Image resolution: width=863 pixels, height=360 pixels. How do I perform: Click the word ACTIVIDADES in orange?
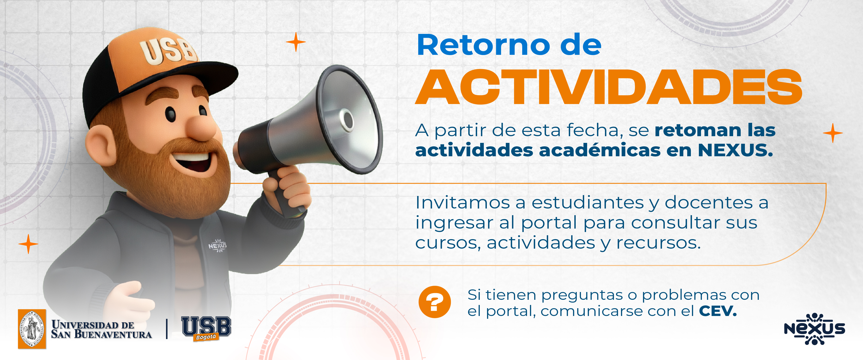tap(608, 88)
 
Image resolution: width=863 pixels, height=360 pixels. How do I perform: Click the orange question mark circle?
tap(434, 302)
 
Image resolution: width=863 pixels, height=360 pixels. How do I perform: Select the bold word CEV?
tap(718, 311)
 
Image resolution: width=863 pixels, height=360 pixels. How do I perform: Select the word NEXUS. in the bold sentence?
tap(735, 150)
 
